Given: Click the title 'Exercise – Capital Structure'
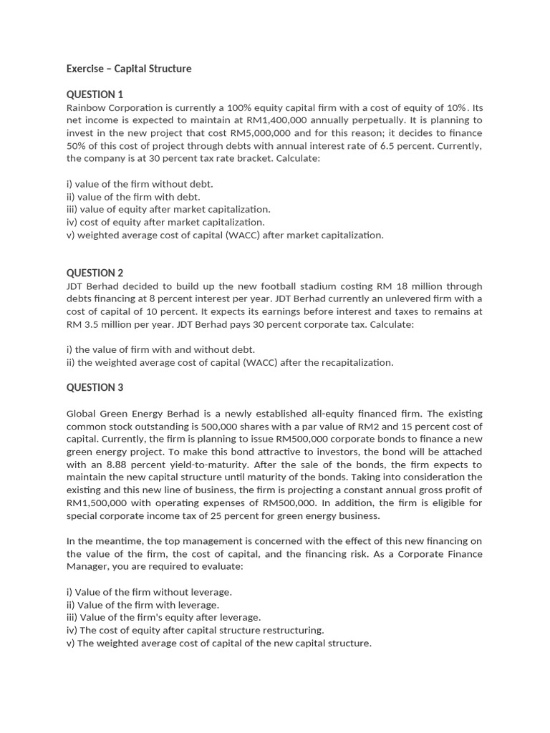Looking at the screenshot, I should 129,69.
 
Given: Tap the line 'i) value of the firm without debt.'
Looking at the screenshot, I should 140,184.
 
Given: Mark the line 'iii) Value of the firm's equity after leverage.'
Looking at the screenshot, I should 163,617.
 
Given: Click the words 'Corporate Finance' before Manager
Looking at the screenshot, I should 441,554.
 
